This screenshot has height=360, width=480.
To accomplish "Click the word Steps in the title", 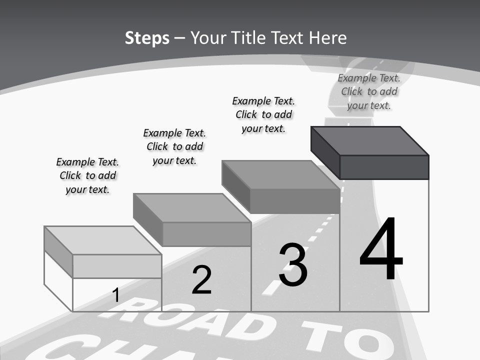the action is click(x=147, y=38).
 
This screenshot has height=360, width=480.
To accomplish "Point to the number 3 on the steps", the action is click(x=293, y=265).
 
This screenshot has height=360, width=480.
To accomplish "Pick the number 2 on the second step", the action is click(x=201, y=280).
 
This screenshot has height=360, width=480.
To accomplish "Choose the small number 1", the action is click(x=115, y=295).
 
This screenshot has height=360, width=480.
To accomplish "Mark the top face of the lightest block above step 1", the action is click(x=103, y=240).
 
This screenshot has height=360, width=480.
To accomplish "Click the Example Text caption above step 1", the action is click(x=87, y=175).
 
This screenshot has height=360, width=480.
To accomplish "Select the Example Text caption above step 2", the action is click(x=174, y=146).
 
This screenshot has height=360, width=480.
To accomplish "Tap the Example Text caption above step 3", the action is click(x=263, y=114).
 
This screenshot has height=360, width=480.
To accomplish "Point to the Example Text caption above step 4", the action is click(x=369, y=91).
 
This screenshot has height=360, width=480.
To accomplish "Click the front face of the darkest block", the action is click(x=384, y=167).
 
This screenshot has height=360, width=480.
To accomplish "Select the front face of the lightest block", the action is click(x=117, y=266).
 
